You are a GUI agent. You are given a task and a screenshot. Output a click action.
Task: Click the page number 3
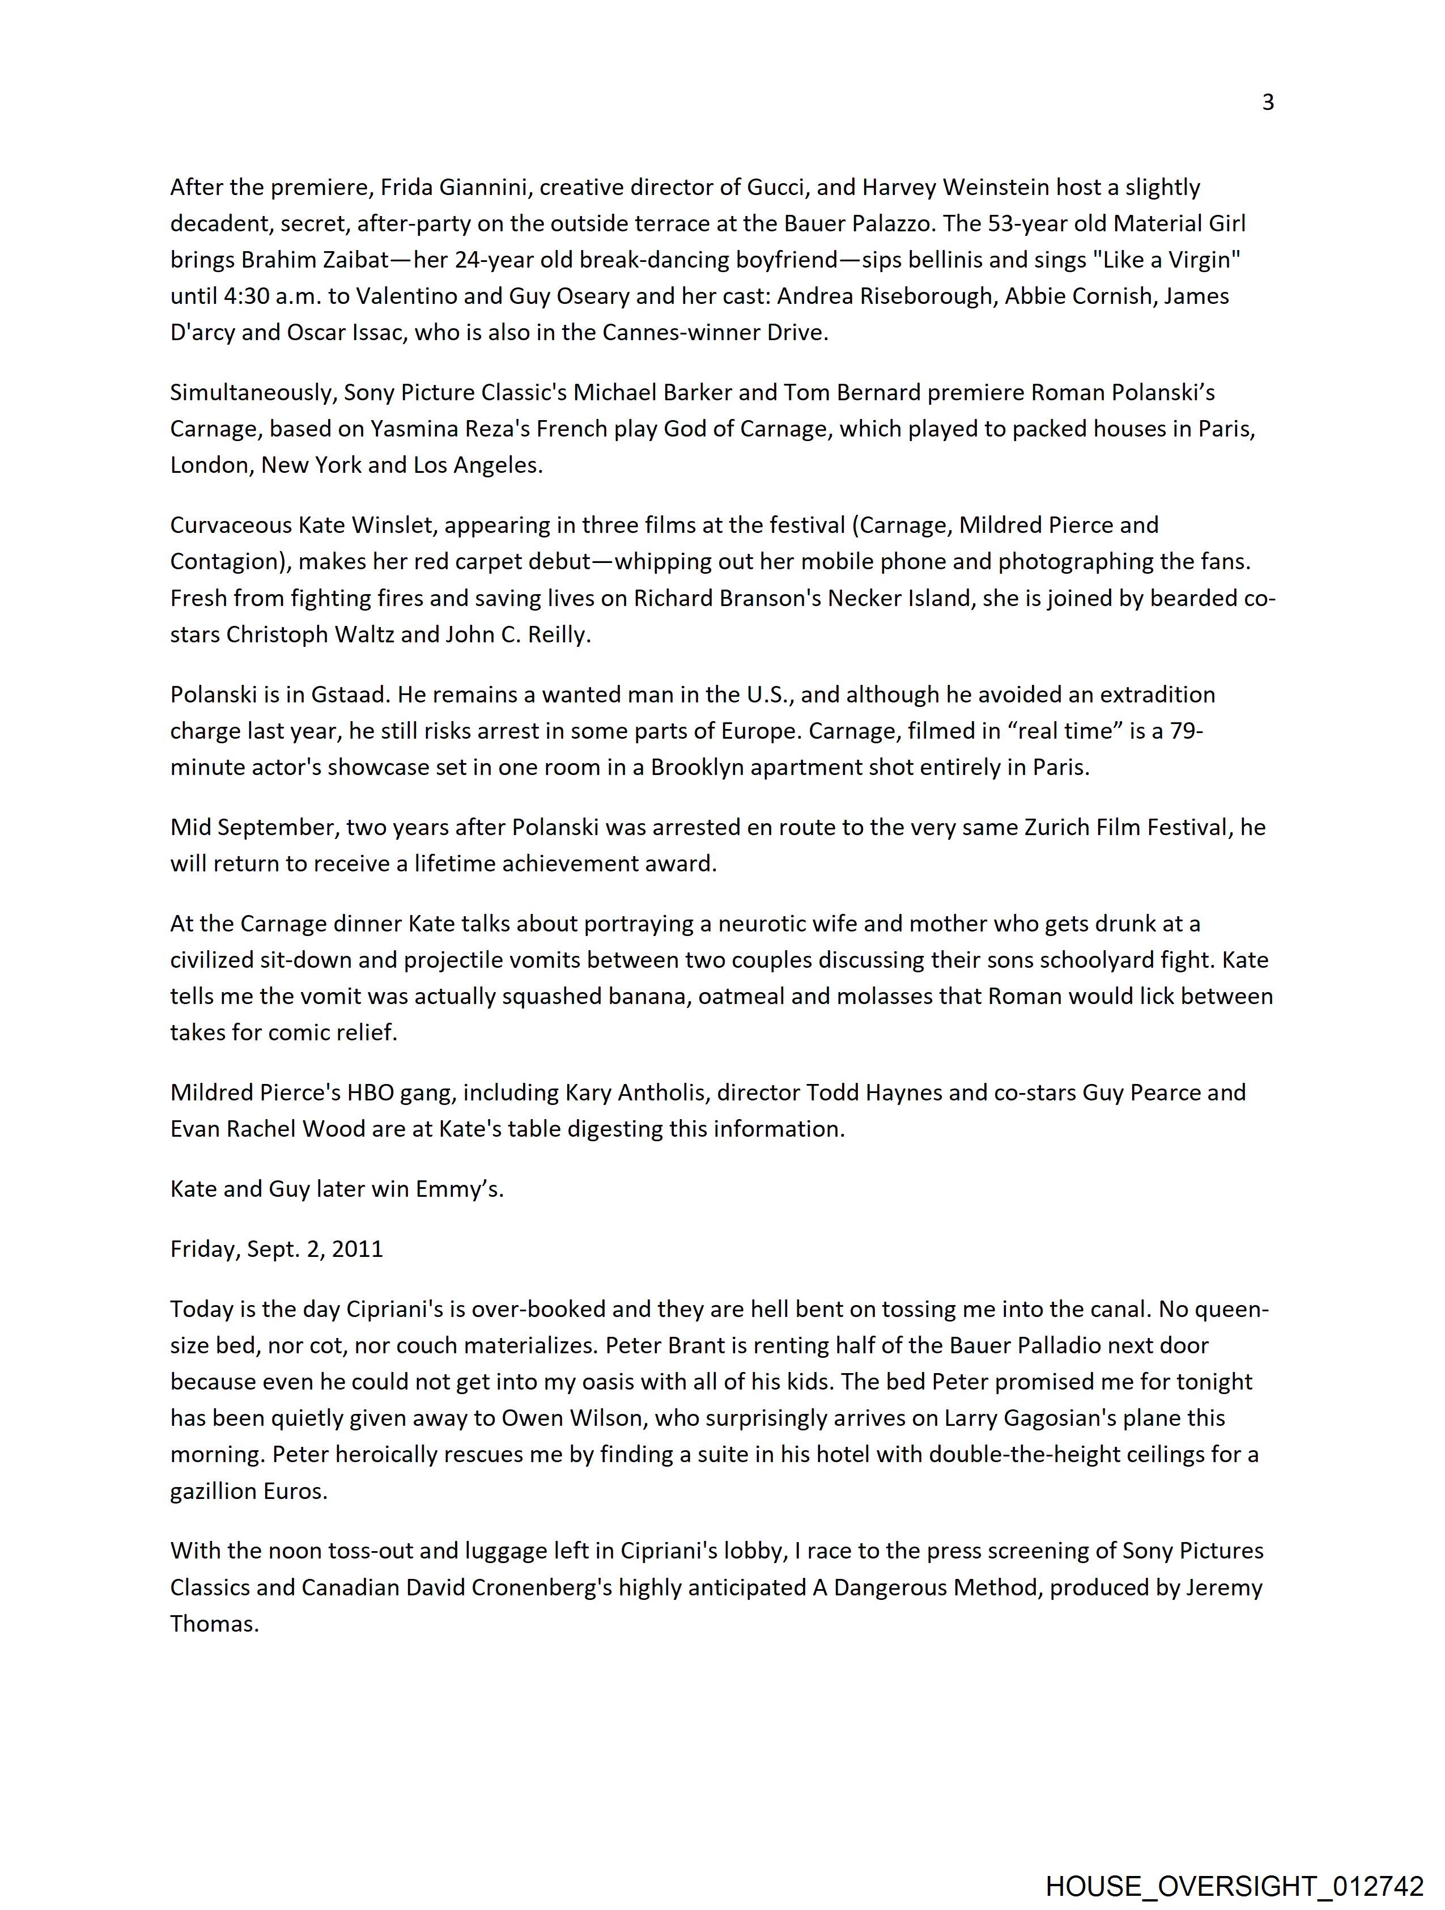(x=1267, y=103)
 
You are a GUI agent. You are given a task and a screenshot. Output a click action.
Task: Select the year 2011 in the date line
(x=358, y=1250)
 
